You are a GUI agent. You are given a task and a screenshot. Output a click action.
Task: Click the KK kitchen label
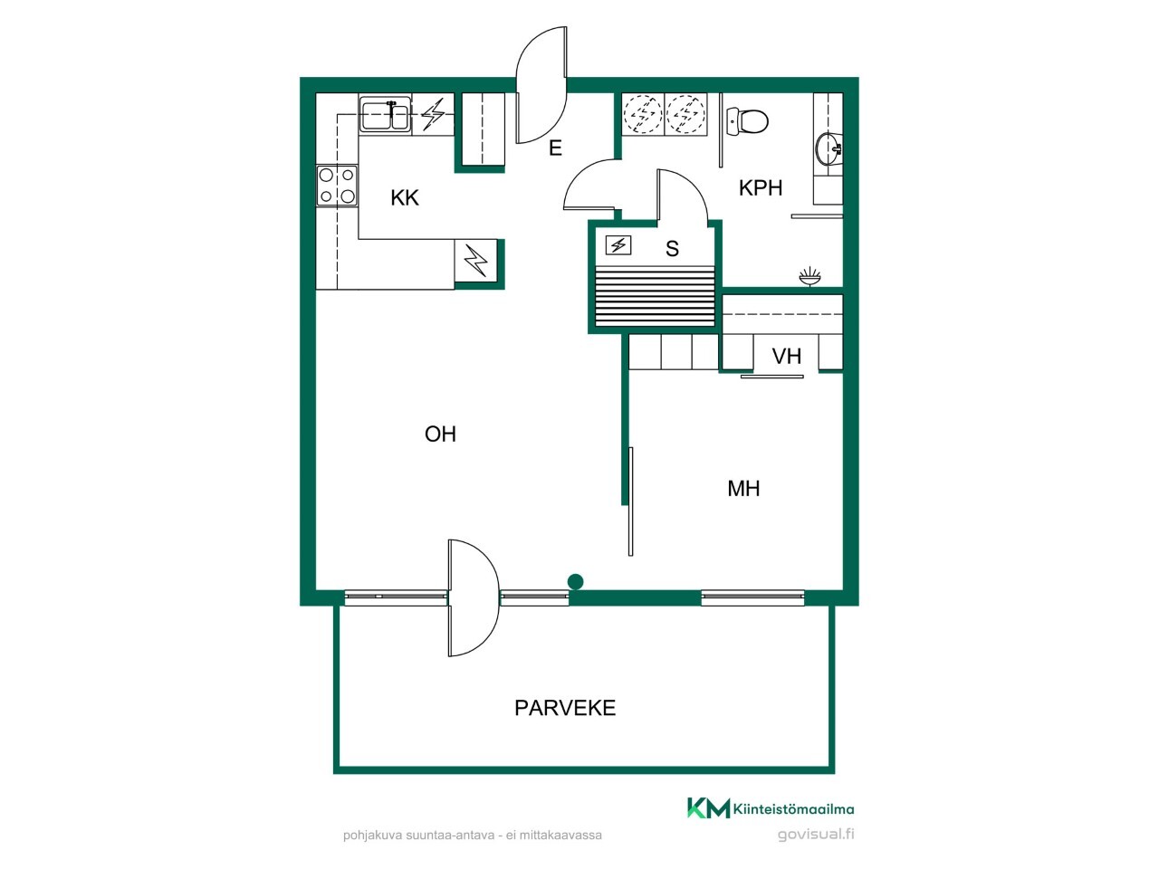405,198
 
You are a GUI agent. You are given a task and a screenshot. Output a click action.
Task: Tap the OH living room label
440,434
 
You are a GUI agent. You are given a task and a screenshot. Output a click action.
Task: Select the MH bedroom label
743,489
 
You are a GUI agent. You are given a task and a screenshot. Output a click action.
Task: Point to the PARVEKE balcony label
565,708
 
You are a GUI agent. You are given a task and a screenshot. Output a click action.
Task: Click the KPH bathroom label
761,188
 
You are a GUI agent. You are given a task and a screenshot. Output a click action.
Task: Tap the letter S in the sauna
672,249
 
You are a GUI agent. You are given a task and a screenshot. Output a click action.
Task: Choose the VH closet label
786,357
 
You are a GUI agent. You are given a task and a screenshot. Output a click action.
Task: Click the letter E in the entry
555,148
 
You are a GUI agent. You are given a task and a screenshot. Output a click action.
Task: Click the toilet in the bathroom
747,120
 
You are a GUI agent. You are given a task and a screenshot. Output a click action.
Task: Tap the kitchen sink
385,117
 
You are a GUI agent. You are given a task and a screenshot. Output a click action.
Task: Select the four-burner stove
337,186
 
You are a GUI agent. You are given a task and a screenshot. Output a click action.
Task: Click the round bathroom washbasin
828,148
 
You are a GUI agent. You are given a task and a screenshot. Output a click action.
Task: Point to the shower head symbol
809,276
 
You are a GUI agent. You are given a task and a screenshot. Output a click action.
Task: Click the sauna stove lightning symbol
618,245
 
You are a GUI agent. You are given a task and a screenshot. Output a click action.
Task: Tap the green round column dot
575,582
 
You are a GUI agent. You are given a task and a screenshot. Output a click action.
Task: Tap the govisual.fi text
816,835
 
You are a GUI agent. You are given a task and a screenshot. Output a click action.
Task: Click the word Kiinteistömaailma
793,809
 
